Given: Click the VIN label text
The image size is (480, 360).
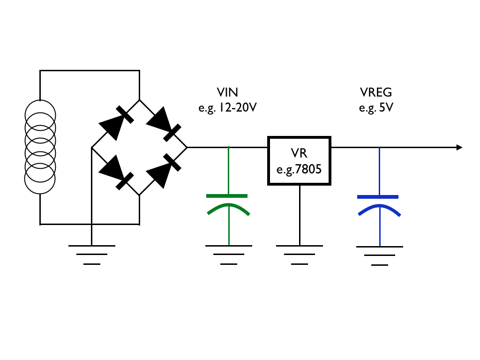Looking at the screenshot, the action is click(227, 92).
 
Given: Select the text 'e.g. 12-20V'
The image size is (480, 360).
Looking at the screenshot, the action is click(227, 108).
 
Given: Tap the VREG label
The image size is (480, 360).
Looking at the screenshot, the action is click(376, 92).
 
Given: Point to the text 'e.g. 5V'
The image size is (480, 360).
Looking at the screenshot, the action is click(376, 108).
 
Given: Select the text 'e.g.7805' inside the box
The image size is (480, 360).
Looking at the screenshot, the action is click(299, 169).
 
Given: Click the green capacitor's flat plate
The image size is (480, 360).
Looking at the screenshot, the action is click(227, 196).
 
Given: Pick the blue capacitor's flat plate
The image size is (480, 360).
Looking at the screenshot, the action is click(378, 197).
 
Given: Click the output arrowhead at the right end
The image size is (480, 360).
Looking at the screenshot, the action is click(459, 148).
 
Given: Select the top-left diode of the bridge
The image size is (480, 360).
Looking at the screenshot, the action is click(116, 123).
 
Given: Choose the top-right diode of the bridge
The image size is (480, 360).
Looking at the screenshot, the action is click(164, 124).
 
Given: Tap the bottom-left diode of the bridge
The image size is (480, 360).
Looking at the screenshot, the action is click(116, 172).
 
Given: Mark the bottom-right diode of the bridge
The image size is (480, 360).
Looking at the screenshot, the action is click(164, 171).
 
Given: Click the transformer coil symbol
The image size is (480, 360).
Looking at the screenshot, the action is click(40, 147).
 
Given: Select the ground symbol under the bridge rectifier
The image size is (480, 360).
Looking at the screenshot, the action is click(92, 255).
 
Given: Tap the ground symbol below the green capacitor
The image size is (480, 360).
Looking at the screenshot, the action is click(229, 255).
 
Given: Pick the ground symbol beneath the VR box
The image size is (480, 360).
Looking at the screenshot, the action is click(300, 255).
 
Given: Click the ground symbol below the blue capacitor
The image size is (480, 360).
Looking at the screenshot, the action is click(380, 255).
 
